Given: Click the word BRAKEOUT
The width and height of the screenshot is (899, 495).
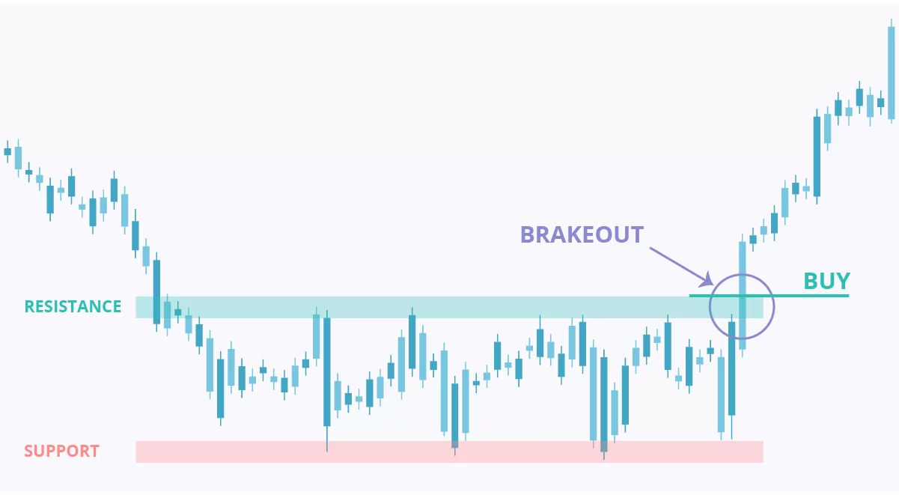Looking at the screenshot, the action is [x=582, y=234].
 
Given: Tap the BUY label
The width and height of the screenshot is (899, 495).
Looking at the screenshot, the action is [x=826, y=281].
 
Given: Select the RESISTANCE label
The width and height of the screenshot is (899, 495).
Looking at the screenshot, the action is [x=73, y=307].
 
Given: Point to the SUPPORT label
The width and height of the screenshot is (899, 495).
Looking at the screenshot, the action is [x=61, y=452].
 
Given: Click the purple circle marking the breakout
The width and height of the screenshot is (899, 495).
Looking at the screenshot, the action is [x=710, y=307].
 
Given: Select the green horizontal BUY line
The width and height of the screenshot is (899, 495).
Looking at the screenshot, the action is [x=769, y=296].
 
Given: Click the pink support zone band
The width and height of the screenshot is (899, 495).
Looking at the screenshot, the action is [x=449, y=452].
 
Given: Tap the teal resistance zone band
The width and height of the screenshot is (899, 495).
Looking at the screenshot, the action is [x=449, y=308].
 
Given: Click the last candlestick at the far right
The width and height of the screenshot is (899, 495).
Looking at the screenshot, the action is [x=891, y=72].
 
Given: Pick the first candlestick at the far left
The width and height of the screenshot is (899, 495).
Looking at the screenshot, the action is [x=7, y=151].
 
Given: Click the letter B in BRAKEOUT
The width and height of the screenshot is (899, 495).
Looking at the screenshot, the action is [x=528, y=234].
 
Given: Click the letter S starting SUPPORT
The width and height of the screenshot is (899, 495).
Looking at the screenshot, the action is [x=28, y=452].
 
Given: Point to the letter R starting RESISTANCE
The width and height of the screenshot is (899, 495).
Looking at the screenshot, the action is [x=29, y=307].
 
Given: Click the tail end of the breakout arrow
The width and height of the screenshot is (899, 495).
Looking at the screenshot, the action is [x=650, y=248].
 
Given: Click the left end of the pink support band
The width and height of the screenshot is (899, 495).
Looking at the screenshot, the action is [x=136, y=452].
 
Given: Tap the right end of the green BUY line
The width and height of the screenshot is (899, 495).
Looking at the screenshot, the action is [x=849, y=296].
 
